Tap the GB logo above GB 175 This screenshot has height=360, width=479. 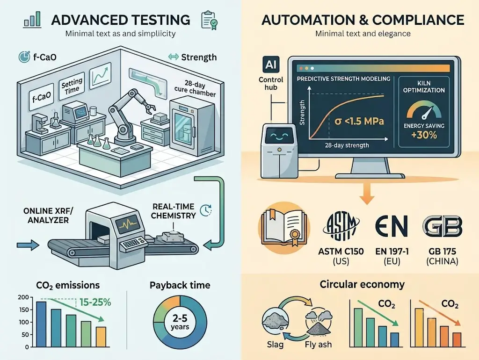pyautogui.click(x=442, y=226)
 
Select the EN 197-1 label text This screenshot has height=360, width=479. pyautogui.click(x=392, y=252)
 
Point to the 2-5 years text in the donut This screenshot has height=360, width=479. pyautogui.click(x=180, y=322)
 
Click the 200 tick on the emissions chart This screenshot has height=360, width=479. pyautogui.click(x=23, y=297)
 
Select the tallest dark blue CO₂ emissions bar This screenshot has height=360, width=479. pyautogui.click(x=41, y=324)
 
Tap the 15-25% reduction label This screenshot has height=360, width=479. pyautogui.click(x=95, y=302)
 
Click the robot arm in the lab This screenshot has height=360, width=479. pyautogui.click(x=128, y=116)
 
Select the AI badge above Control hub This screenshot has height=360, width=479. pyautogui.click(x=271, y=65)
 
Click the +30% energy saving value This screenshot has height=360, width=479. pyautogui.click(x=424, y=135)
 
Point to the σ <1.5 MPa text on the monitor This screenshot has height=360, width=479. pyautogui.click(x=359, y=121)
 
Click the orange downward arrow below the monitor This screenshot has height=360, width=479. pyautogui.click(x=367, y=194)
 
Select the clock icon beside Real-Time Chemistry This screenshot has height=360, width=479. pyautogui.click(x=206, y=210)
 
